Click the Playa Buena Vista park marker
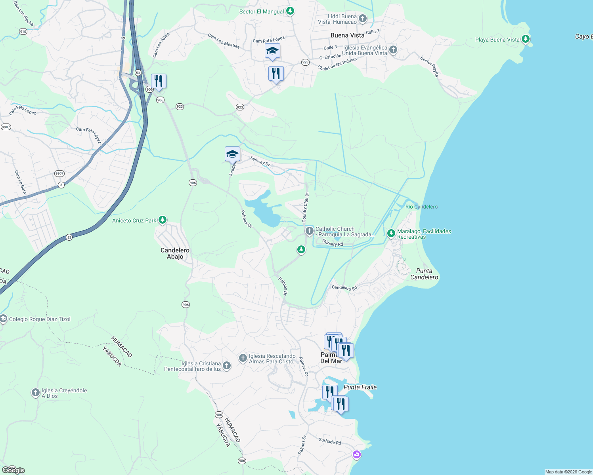pyautogui.click(x=526, y=39)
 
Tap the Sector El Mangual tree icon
pyautogui.click(x=290, y=11)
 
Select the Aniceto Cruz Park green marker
pyautogui.click(x=162, y=220)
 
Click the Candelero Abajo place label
pyautogui.click(x=175, y=253)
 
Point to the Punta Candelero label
pyautogui.click(x=424, y=274)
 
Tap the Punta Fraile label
pyautogui.click(x=360, y=387)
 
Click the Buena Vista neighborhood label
pyautogui.click(x=347, y=35)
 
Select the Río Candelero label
pyautogui.click(x=421, y=207)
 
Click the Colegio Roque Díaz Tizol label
pyautogui.click(x=40, y=319)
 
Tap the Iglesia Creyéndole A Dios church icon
pyautogui.click(x=36, y=393)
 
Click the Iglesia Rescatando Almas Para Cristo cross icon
pyautogui.click(x=243, y=358)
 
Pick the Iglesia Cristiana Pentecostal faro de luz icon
pyautogui.click(x=227, y=365)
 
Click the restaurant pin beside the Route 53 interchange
pyautogui.click(x=159, y=81)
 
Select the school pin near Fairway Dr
pyautogui.click(x=232, y=154)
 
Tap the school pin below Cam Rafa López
pyautogui.click(x=272, y=51)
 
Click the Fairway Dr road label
pyautogui.click(x=260, y=161)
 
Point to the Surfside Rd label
pyautogui.click(x=330, y=441)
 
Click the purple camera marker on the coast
pyautogui.click(x=357, y=454)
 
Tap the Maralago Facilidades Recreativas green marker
pyautogui.click(x=391, y=234)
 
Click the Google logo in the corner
pyautogui.click(x=13, y=470)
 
